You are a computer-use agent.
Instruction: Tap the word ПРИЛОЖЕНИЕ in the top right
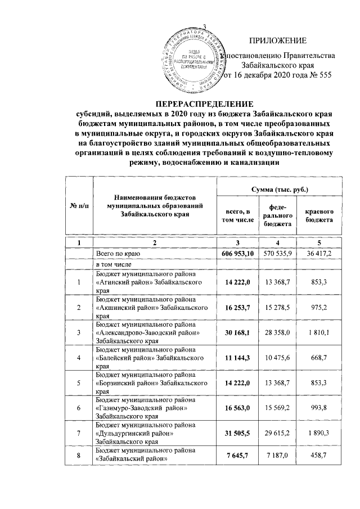[x=278, y=40]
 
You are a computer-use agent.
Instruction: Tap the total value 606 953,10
[x=238, y=254]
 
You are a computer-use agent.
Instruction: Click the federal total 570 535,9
[x=280, y=254]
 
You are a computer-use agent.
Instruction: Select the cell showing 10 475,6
[x=280, y=358]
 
